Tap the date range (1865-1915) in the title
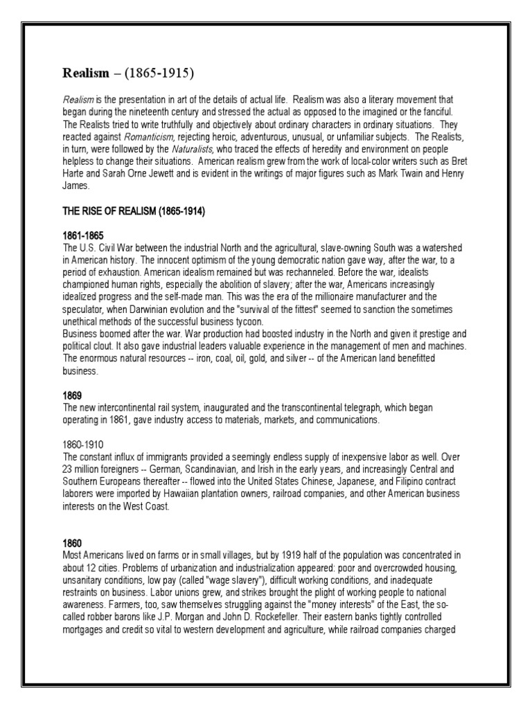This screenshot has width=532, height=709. click(x=161, y=73)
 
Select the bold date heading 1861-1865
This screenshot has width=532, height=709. click(x=83, y=236)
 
